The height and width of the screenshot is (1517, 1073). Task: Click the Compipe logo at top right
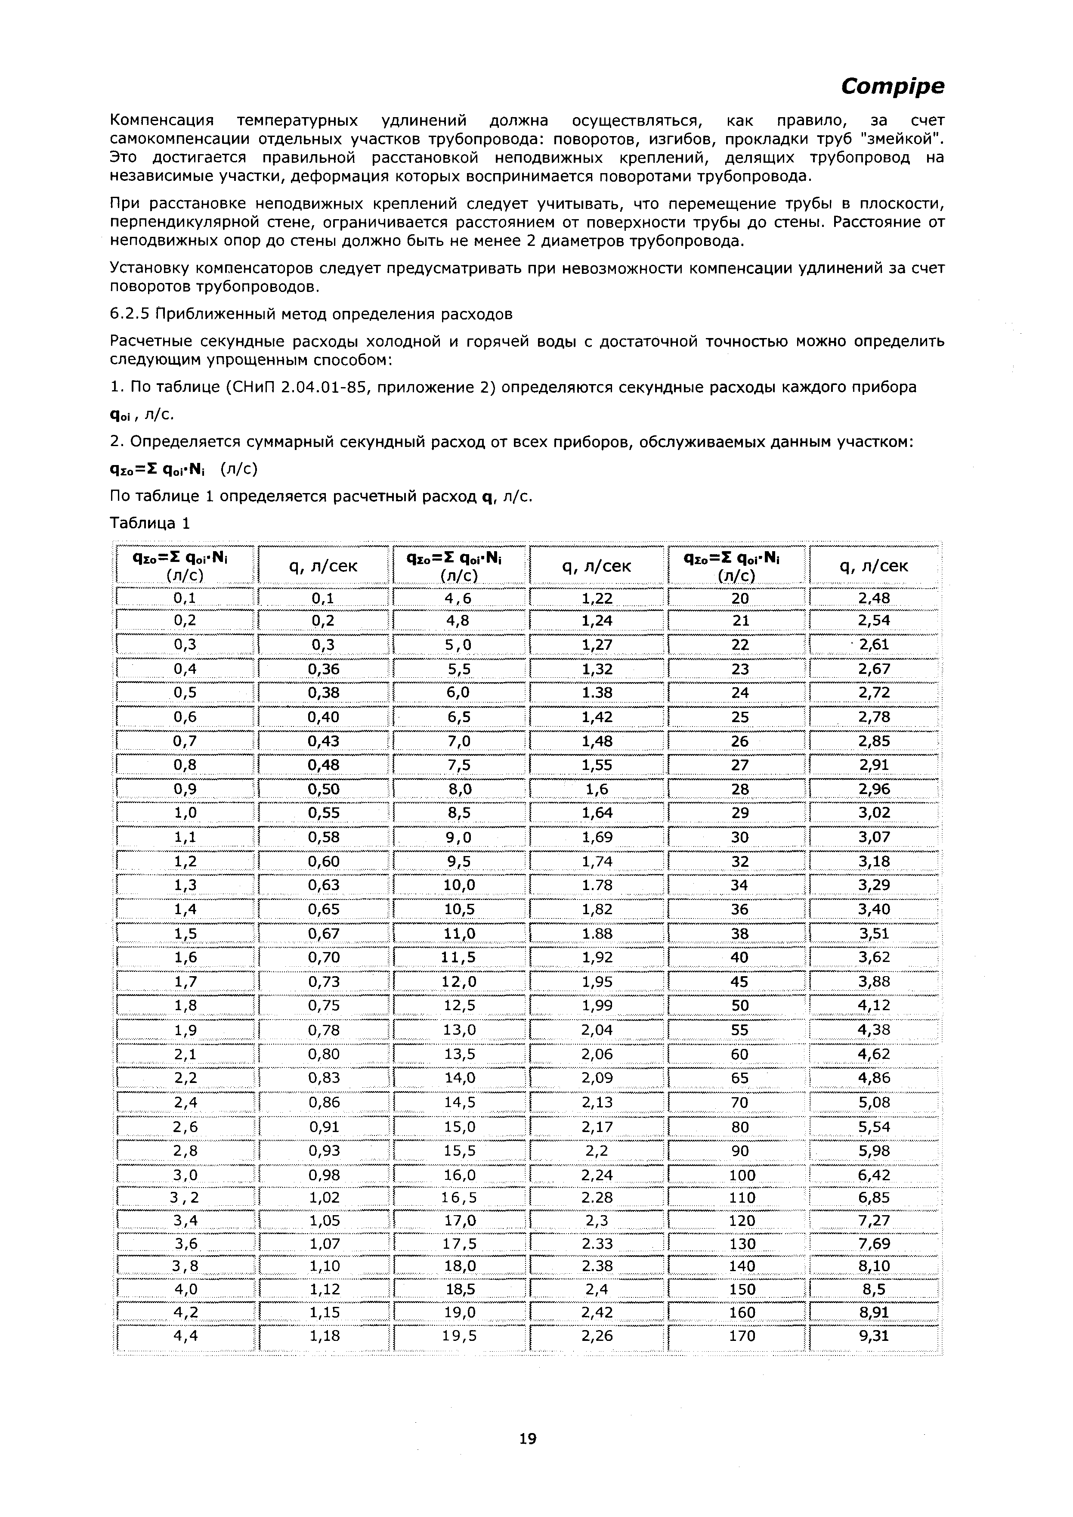pos(892,86)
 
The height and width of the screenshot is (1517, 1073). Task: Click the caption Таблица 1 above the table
pos(149,524)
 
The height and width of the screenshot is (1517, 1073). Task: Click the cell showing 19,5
pos(460,1336)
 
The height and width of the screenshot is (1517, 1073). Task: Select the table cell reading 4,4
pos(186,1336)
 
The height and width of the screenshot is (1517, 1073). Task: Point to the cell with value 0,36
pos(323,669)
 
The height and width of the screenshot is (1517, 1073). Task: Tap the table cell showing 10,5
pos(460,909)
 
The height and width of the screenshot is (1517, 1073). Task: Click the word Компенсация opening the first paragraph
pos(162,121)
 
